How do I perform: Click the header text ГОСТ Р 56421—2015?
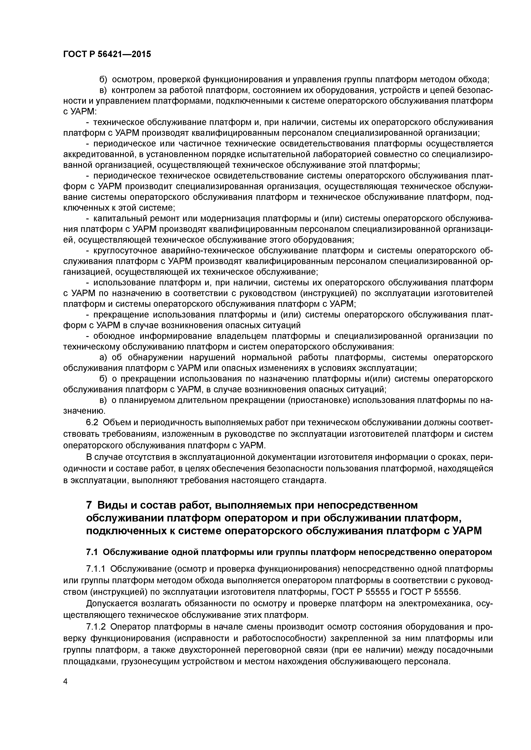click(x=107, y=54)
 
